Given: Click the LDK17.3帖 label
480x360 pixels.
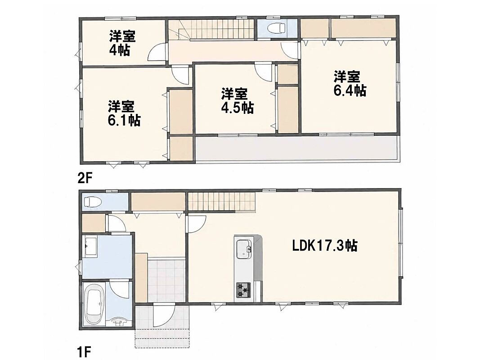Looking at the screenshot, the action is click(324, 245).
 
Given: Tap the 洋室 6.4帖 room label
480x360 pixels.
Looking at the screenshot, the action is click(350, 83).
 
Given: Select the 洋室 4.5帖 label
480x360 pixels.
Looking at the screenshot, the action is click(237, 101).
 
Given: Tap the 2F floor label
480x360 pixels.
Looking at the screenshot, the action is click(85, 178).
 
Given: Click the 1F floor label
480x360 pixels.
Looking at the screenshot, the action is click(84, 352).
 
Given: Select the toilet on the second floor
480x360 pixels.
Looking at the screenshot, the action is click(276, 28).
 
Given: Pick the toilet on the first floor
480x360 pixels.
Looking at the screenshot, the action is click(91, 202).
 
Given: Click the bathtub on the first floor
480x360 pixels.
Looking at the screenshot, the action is click(95, 305).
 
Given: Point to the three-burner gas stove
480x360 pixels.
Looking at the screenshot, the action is click(243, 289).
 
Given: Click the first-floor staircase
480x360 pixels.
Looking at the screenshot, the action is click(221, 202).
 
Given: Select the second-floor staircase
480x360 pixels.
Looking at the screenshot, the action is click(211, 29).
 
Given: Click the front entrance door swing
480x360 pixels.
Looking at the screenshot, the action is click(164, 315).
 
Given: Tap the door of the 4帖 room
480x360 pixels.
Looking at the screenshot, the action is click(157, 52).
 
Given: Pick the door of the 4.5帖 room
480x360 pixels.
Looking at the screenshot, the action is click(263, 72).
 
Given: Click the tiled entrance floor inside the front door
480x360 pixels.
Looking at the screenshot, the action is click(167, 281).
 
